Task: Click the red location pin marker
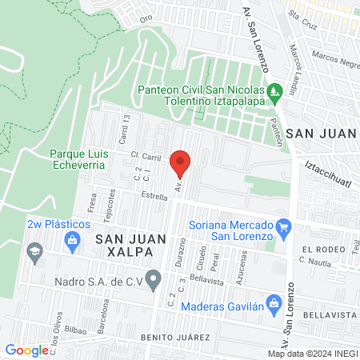[181, 162]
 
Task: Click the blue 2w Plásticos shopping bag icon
[73, 241]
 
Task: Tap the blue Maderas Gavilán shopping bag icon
[274, 303]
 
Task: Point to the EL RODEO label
[322, 250]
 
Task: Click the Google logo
[26, 350]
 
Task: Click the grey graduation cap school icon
[34, 254]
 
